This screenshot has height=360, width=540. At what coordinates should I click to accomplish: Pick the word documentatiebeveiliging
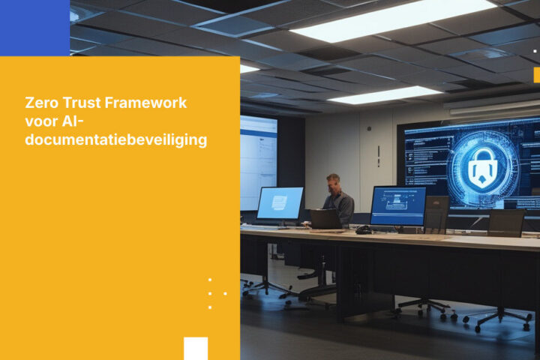pyautogui.click(x=116, y=139)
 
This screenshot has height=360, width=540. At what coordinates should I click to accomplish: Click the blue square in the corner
pyautogui.click(x=34, y=28)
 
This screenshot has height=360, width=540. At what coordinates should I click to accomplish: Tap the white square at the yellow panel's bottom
pyautogui.click(x=196, y=348)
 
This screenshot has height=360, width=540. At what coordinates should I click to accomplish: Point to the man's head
pyautogui.click(x=333, y=182)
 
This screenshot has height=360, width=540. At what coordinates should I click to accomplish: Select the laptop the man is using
pyautogui.click(x=325, y=219)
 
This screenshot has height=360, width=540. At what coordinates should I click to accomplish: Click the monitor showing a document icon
pyautogui.click(x=280, y=203)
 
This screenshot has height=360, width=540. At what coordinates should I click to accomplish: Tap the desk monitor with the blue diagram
pyautogui.click(x=397, y=205)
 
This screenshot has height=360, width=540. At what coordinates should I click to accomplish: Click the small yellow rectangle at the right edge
pyautogui.click(x=536, y=75)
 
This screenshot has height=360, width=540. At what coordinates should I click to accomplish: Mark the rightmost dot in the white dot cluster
pyautogui.click(x=225, y=293)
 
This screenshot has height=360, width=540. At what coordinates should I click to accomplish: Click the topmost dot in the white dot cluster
pyautogui.click(x=210, y=280)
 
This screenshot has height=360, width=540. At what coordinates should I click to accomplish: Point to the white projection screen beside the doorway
pyautogui.click(x=258, y=163)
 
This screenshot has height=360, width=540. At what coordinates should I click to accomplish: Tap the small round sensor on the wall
pyautogui.click(x=369, y=129)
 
